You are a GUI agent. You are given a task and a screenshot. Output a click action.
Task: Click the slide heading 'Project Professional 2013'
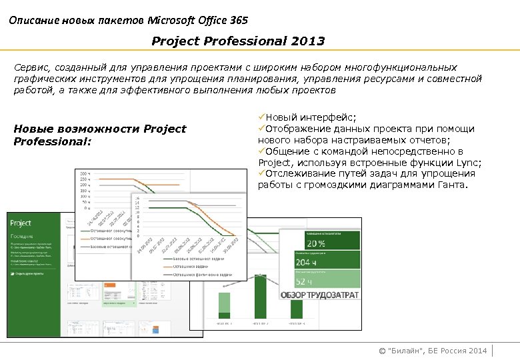(x=238, y=41)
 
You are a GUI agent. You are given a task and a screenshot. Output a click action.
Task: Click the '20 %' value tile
(x=320, y=243)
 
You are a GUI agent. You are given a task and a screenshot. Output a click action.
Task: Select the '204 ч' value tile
(x=320, y=262)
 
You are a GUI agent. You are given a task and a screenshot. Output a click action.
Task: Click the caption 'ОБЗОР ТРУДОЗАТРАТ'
(x=319, y=295)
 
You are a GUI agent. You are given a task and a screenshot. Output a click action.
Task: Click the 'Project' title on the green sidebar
(x=21, y=224)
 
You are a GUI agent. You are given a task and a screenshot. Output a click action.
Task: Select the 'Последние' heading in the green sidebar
(x=21, y=237)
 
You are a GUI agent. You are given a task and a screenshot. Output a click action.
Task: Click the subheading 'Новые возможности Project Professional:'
(x=100, y=135)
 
